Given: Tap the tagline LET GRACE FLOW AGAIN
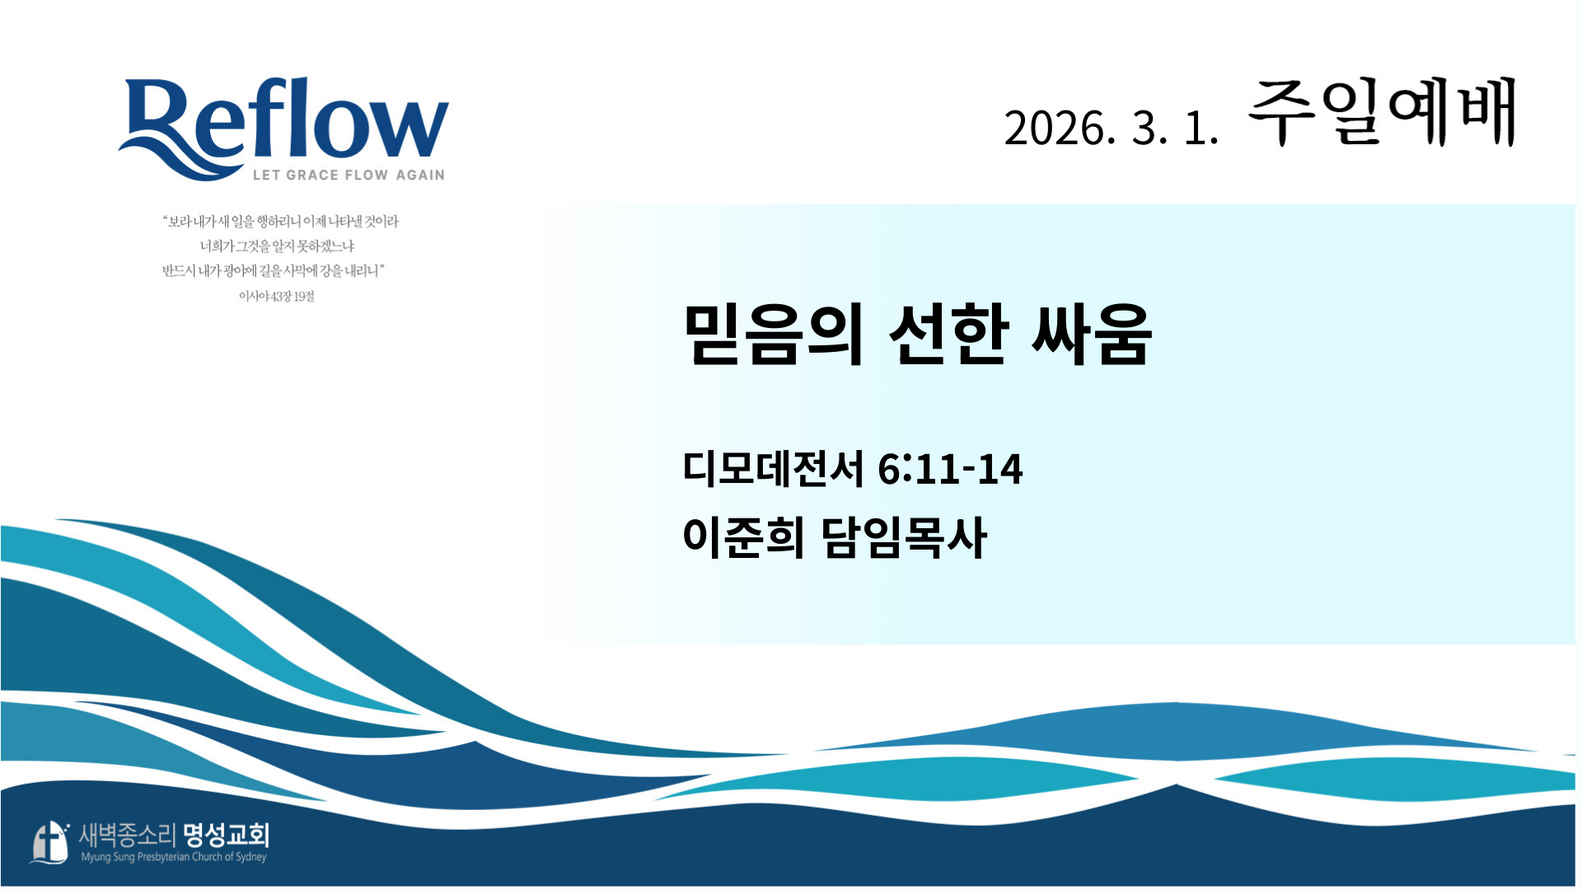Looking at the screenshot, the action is (x=349, y=175).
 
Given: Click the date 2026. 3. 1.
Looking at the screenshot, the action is (x=1111, y=129).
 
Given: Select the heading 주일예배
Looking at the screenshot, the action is (x=1383, y=112).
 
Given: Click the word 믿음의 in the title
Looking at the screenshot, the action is (x=774, y=333).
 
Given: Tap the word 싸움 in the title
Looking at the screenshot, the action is (x=1091, y=333).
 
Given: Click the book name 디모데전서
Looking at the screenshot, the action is (x=773, y=468).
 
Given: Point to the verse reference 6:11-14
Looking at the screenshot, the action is (x=950, y=469).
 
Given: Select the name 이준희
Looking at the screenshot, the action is (x=743, y=537).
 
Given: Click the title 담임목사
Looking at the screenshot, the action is (x=904, y=537).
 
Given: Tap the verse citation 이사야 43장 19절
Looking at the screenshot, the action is (x=277, y=296).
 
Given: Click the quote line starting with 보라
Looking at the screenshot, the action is (x=280, y=222).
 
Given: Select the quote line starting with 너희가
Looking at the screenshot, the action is (x=277, y=246).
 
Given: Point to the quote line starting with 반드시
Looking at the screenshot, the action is (x=274, y=271).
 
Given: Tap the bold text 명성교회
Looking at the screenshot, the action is (x=226, y=835).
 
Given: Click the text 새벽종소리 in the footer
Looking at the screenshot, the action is (x=127, y=835).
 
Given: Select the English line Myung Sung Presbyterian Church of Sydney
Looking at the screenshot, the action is (x=174, y=857).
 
